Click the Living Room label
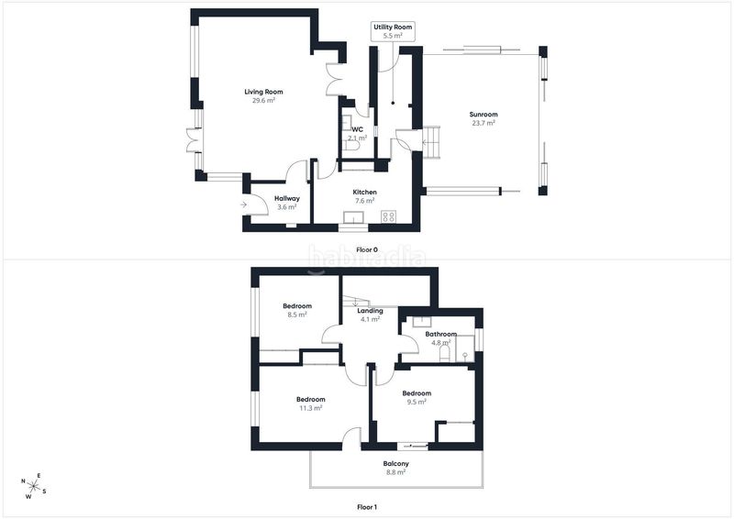[263, 92]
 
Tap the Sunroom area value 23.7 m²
[484, 123]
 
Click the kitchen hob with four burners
[388, 216]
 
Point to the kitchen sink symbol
[353, 218]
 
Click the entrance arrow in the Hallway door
[243, 204]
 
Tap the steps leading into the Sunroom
[432, 142]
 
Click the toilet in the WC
[351, 146]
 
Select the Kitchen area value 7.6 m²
[364, 201]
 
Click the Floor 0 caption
[366, 250]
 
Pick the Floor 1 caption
[366, 507]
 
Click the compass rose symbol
[34, 486]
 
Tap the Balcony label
[396, 463]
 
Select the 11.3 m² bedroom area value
[311, 408]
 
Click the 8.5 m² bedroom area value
[297, 315]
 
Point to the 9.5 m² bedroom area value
[417, 402]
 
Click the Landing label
[371, 311]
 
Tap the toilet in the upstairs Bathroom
[445, 353]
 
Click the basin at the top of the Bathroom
[422, 322]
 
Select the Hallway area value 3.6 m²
[287, 207]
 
